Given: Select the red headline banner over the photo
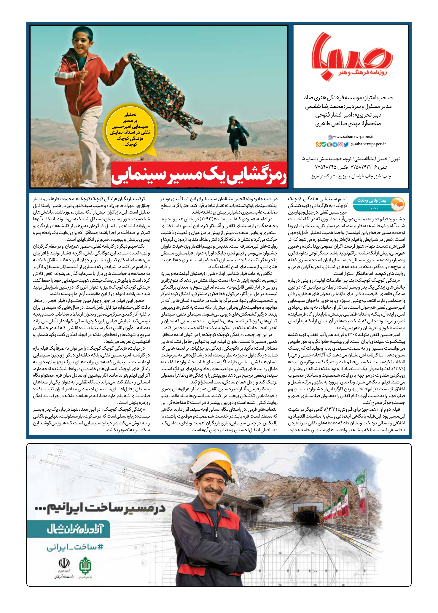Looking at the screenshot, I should click(199, 175).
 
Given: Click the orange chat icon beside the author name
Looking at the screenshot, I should click(397, 204).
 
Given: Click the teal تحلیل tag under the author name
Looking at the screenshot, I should click(372, 208).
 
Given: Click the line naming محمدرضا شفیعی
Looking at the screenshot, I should click(348, 106).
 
